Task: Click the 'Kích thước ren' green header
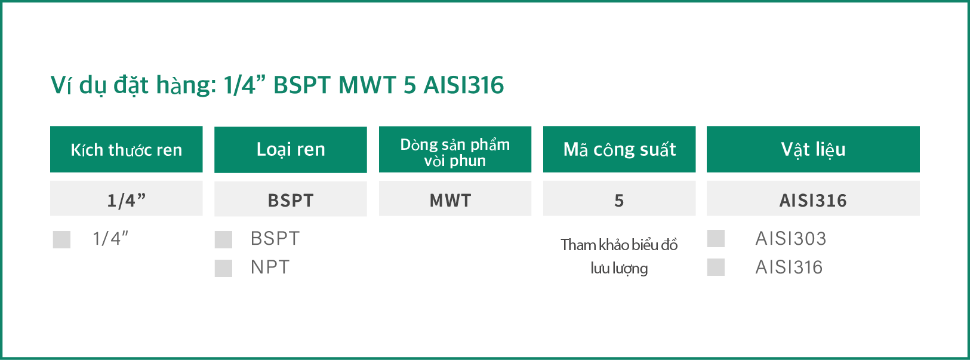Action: coord(126,149)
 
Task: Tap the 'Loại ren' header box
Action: coord(291,149)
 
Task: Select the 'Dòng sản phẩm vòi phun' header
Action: coord(455,149)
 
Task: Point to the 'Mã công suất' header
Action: coord(619,149)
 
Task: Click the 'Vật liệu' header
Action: coord(813,149)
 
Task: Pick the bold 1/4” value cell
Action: coord(126,198)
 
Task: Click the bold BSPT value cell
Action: coord(291,199)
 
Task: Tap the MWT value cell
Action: coord(455,198)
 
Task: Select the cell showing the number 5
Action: coord(619,198)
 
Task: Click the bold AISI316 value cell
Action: coord(813,198)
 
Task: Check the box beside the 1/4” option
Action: coord(61,239)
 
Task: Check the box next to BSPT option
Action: coord(223,239)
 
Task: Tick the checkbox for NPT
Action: coord(223,268)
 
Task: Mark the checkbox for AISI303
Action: coord(716,238)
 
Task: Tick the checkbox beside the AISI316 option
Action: coord(716,267)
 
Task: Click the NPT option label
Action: coord(270,267)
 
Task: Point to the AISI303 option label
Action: coord(791,239)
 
